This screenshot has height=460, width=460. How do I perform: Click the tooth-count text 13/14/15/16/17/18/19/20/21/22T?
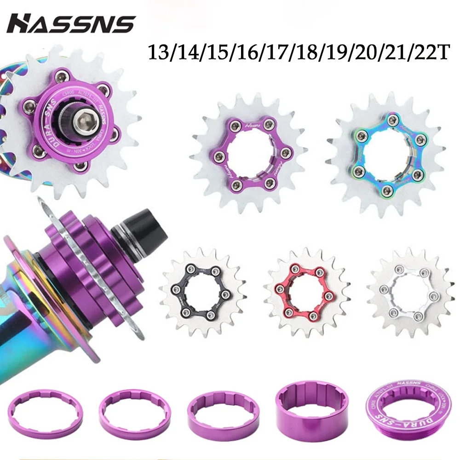[297, 52]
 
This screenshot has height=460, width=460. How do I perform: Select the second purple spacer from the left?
[135, 409]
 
